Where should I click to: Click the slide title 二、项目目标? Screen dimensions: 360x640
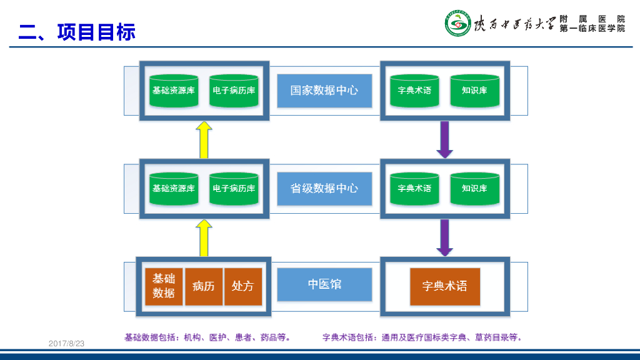pyautogui.click(x=77, y=31)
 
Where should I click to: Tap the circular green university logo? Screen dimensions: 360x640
pyautogui.click(x=457, y=24)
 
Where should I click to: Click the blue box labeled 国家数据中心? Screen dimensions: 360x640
pyautogui.click(x=324, y=91)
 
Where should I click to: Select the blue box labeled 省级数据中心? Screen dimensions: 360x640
pyautogui.click(x=324, y=188)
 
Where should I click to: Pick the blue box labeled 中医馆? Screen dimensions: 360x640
pyautogui.click(x=324, y=284)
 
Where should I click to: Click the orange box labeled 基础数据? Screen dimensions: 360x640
pyautogui.click(x=164, y=286)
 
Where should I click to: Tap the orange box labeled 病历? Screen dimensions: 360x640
pyautogui.click(x=204, y=286)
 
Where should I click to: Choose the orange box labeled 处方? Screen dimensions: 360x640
pyautogui.click(x=242, y=286)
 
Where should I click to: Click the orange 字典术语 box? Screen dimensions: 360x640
pyautogui.click(x=445, y=286)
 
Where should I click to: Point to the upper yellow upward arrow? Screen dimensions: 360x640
pyautogui.click(x=204, y=140)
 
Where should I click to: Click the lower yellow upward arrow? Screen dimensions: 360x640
pyautogui.click(x=204, y=237)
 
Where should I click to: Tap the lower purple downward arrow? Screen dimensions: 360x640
pyautogui.click(x=444, y=237)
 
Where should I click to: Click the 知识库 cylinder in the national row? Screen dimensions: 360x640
pyautogui.click(x=474, y=91)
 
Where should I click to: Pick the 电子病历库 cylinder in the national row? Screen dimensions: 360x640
pyautogui.click(x=234, y=91)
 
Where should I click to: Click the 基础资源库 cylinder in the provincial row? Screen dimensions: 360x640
pyautogui.click(x=174, y=188)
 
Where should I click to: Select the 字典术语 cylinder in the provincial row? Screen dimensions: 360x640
pyautogui.click(x=414, y=188)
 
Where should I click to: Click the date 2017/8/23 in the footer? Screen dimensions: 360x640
pyautogui.click(x=66, y=344)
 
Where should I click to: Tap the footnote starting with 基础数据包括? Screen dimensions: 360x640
pyautogui.click(x=207, y=337)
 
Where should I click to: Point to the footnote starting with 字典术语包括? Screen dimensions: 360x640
pyautogui.click(x=422, y=337)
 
